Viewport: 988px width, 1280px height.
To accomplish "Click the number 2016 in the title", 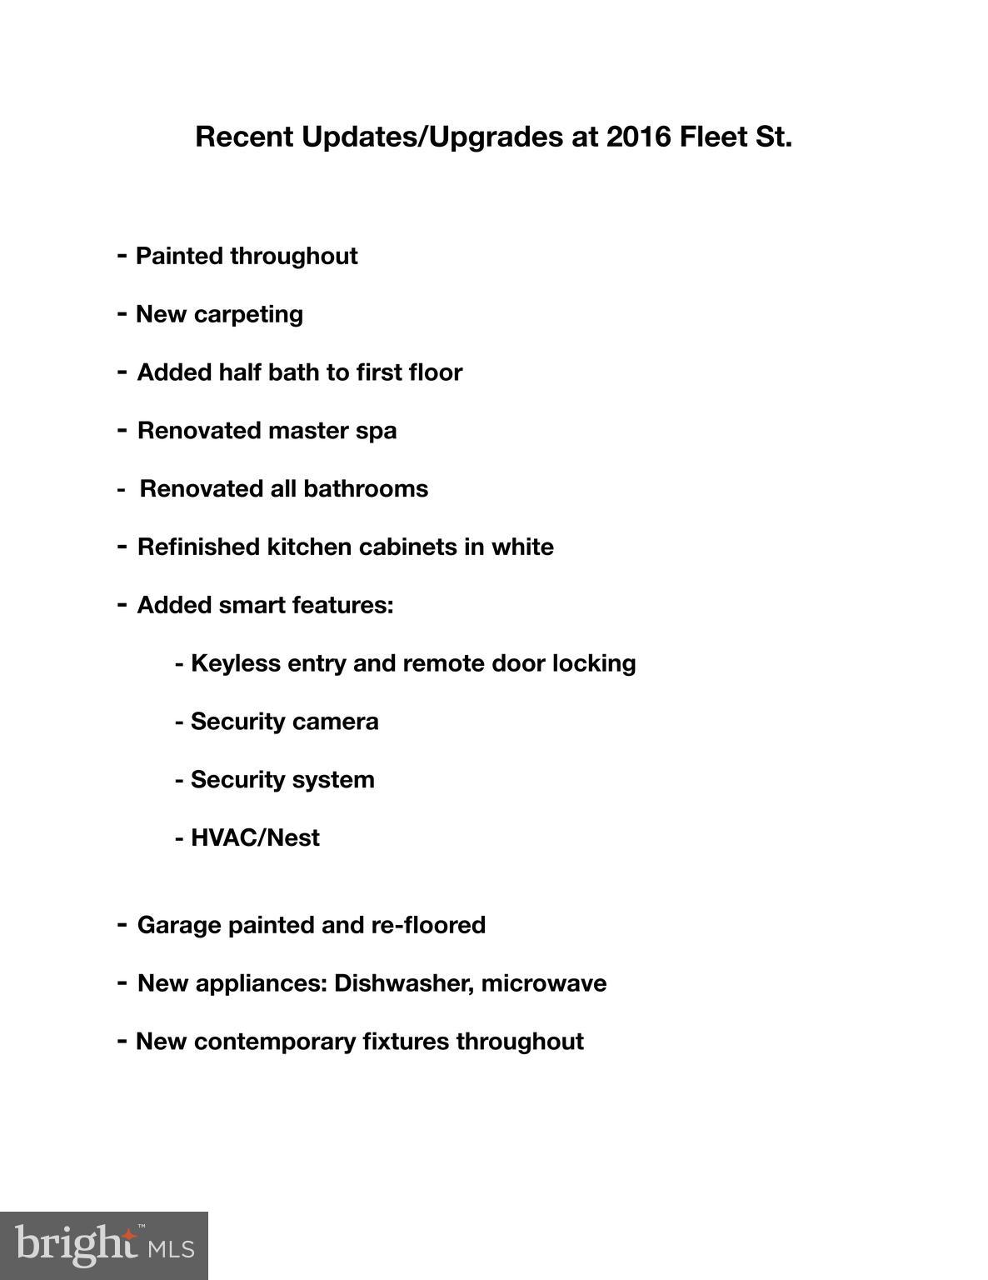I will click(x=638, y=137).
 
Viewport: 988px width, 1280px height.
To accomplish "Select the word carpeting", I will click(x=248, y=315).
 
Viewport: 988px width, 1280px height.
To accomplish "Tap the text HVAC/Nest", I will click(x=255, y=837).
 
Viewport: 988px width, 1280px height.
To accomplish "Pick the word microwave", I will click(x=544, y=983).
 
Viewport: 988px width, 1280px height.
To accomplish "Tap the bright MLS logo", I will click(x=104, y=1246).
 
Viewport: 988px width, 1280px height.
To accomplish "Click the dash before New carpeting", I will click(x=122, y=314).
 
